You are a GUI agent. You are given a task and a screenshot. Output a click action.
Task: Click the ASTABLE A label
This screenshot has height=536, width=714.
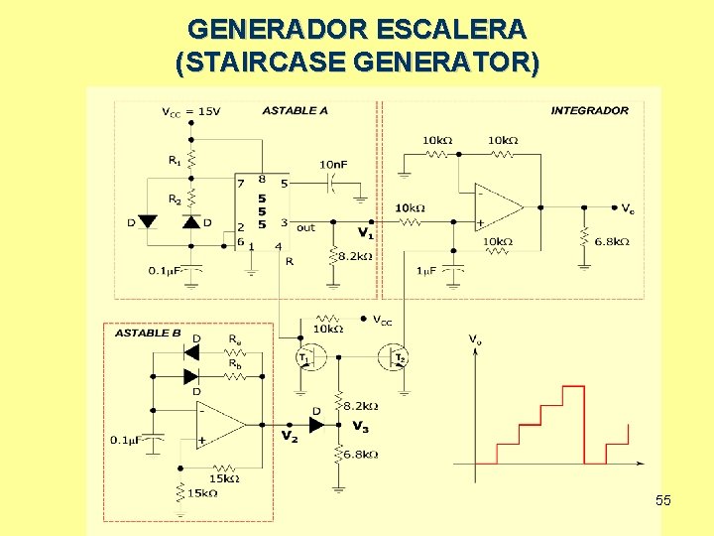(295, 110)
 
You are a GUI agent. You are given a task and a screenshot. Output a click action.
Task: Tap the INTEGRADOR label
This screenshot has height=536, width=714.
(589, 110)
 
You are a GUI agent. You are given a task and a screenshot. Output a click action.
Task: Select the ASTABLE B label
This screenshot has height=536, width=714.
(148, 333)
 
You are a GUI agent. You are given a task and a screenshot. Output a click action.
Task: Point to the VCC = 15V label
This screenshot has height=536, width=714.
(190, 111)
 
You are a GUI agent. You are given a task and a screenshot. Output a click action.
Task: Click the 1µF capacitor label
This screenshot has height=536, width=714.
(427, 271)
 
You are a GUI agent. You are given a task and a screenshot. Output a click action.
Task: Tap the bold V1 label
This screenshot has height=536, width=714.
(366, 234)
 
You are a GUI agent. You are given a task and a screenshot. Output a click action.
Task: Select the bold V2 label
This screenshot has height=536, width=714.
(289, 436)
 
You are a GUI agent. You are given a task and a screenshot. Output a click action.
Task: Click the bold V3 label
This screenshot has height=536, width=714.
(361, 426)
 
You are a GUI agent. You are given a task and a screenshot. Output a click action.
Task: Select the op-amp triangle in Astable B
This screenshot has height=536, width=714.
(219, 424)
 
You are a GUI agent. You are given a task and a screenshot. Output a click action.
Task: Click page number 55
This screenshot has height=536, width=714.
(663, 500)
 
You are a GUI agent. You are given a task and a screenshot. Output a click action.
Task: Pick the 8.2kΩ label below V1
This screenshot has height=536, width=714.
(354, 256)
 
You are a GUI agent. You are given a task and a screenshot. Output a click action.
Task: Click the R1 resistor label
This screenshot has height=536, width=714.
(174, 159)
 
